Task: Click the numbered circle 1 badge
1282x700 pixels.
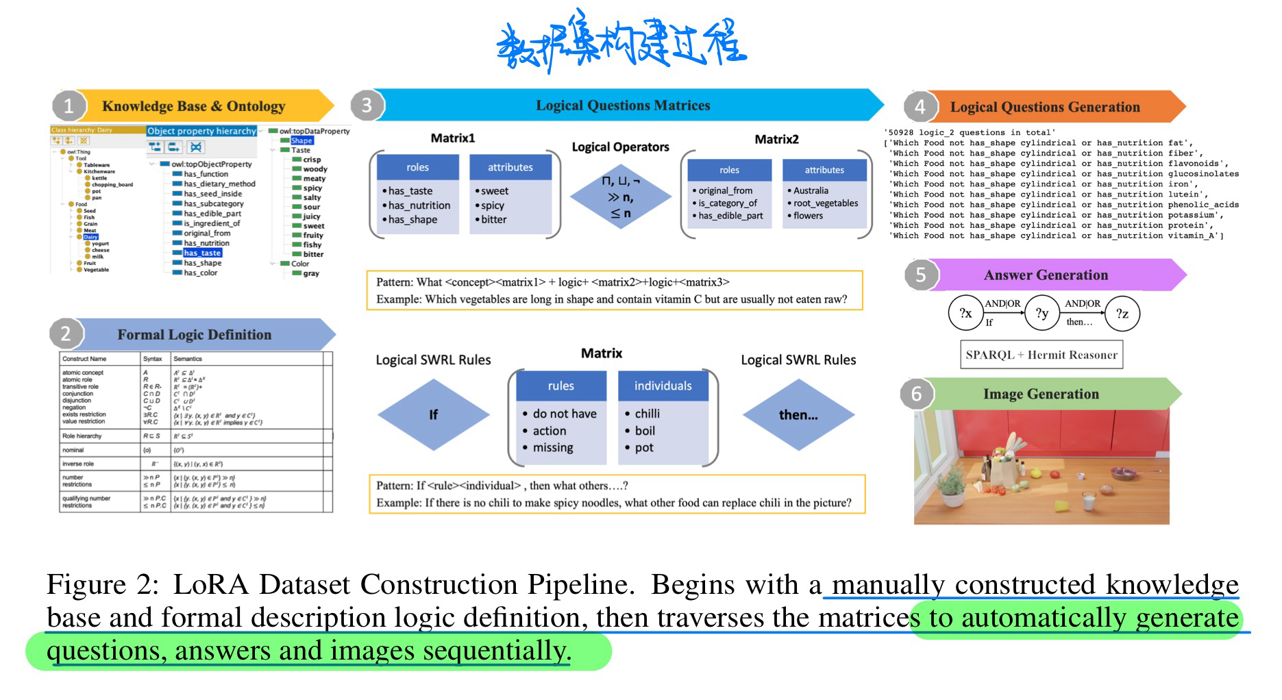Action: (69, 106)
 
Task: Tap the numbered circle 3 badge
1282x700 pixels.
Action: (367, 105)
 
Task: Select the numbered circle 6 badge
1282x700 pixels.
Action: (917, 394)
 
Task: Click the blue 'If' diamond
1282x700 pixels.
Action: (433, 414)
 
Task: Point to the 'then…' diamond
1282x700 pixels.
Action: (798, 414)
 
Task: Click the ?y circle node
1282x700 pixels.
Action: (1042, 314)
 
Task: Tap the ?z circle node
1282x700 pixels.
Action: (1122, 314)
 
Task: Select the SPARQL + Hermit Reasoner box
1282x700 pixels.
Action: (1041, 355)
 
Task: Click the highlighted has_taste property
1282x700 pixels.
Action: (202, 253)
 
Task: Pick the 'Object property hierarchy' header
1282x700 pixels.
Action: (201, 131)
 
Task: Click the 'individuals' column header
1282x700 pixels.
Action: (663, 386)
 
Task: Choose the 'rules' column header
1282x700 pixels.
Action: (560, 386)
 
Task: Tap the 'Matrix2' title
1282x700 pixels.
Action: (776, 139)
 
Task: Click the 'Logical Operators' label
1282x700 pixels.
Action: (620, 147)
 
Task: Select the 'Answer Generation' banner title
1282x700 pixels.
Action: (1045, 275)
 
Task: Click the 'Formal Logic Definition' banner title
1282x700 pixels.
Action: (194, 335)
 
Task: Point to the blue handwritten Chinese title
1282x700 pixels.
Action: (620, 45)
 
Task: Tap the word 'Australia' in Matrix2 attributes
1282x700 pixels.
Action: (811, 190)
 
